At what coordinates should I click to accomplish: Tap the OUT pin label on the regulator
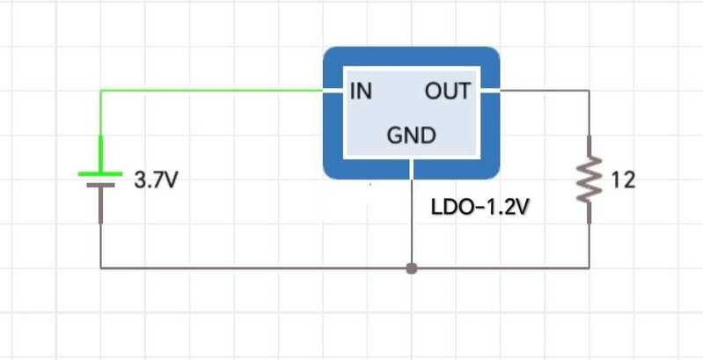448,91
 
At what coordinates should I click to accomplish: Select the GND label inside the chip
411,136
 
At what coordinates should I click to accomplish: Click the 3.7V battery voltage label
156,182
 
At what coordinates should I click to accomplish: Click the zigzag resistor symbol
588,180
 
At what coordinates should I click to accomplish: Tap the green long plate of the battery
100,173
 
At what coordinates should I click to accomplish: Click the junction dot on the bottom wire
411,267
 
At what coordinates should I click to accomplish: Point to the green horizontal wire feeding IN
211,90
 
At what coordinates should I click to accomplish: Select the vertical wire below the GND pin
411,220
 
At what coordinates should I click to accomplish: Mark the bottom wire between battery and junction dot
255,267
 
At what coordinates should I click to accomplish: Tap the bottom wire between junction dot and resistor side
502,267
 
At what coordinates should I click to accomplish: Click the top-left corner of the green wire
101,90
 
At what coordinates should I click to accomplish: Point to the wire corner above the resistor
588,90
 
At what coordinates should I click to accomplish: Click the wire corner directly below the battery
101,267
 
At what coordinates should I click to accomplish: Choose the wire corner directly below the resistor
588,267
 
